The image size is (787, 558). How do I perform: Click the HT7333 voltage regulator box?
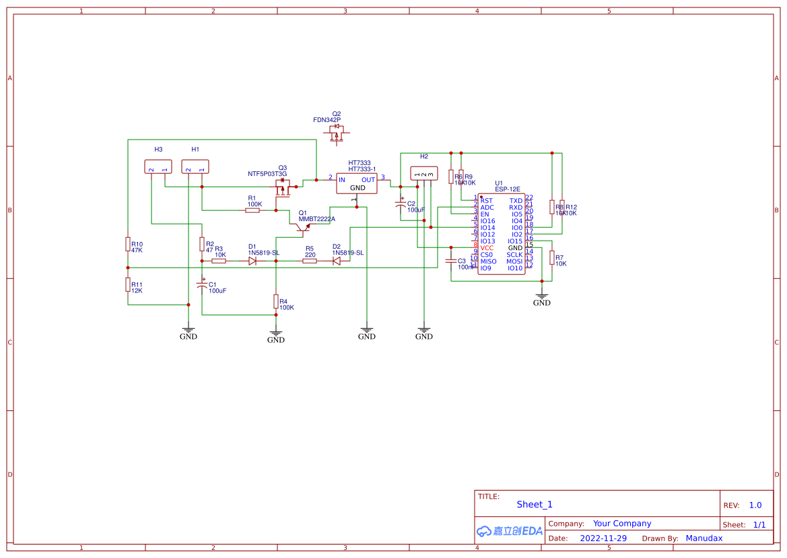357,184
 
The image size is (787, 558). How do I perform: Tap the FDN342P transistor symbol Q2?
336,134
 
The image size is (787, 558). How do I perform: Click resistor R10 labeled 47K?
128,244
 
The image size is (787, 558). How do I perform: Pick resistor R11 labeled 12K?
128,285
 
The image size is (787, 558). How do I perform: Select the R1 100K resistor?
253,210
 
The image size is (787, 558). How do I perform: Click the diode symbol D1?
252,261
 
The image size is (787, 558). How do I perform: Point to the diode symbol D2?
336,261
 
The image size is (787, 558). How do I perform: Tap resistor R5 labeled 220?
310,261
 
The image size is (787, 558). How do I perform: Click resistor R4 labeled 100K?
275,301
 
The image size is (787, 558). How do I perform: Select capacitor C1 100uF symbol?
201,286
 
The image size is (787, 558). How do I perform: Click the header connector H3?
158,167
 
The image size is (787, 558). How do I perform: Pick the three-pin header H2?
423,174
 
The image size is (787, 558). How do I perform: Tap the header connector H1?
195,167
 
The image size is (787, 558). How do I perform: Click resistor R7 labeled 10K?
552,257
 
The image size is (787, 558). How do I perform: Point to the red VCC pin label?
487,248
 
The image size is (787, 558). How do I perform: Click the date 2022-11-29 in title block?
603,538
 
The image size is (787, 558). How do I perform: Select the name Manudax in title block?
704,538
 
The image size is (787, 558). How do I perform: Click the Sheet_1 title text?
535,504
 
